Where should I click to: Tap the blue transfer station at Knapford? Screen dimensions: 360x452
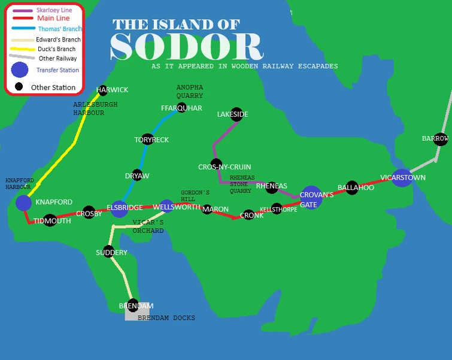click(23, 203)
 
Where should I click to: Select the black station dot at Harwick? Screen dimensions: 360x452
click(102, 90)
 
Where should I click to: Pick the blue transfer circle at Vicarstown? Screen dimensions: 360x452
click(402, 177)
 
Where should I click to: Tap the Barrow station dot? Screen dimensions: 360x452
click(441, 139)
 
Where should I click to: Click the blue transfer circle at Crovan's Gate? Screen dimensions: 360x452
click(311, 197)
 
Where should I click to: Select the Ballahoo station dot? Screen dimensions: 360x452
click(352, 187)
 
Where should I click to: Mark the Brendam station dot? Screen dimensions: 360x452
click(133, 305)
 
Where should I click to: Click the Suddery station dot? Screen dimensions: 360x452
click(108, 252)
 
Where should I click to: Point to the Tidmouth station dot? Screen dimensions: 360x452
click(50, 220)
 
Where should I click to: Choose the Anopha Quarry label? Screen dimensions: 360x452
click(189, 92)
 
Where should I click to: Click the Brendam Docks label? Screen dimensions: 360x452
click(166, 318)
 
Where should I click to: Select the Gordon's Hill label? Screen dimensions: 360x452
click(195, 196)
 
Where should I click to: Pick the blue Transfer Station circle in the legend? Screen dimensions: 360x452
click(20, 69)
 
